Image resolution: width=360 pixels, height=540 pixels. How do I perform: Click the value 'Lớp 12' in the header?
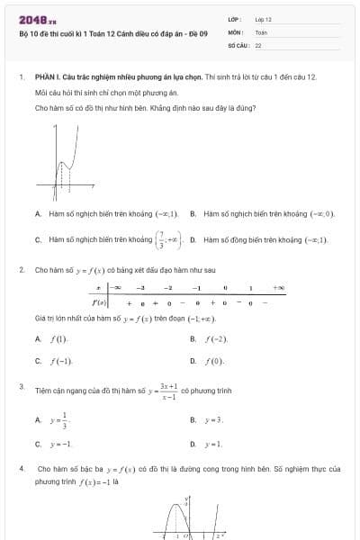click(264, 19)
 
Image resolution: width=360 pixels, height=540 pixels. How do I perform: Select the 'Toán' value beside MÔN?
click(261, 31)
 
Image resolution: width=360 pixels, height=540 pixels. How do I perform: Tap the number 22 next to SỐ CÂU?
click(258, 44)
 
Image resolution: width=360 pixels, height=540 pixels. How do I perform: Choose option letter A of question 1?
click(38, 214)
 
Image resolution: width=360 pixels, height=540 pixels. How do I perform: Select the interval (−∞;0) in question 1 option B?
click(321, 214)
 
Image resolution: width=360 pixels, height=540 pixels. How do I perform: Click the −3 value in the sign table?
click(140, 288)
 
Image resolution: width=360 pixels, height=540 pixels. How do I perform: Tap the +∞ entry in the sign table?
click(279, 288)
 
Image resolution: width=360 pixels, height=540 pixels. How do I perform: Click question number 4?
click(21, 469)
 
